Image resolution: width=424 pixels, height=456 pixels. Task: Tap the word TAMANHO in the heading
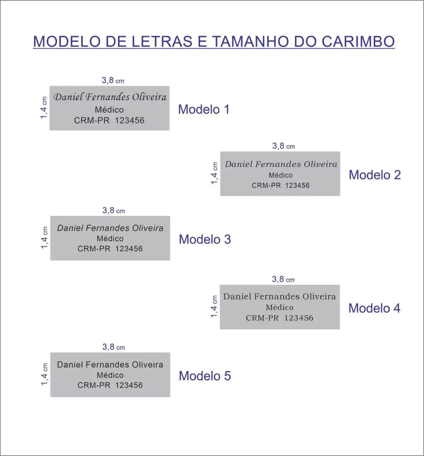(251, 41)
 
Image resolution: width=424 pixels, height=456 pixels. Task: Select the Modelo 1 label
(204, 109)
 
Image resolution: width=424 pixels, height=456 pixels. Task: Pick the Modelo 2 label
(375, 175)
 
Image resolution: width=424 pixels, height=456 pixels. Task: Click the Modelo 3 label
(205, 239)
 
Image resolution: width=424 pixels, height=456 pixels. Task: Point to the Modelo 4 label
(374, 308)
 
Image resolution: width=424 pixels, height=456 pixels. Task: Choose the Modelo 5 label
(205, 376)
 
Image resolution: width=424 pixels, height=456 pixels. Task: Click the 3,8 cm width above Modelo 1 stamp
(113, 80)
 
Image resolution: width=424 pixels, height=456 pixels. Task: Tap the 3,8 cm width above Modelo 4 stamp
(283, 279)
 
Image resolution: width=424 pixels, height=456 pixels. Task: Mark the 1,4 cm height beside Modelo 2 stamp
(214, 173)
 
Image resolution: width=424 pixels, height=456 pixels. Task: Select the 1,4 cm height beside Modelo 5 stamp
(44, 374)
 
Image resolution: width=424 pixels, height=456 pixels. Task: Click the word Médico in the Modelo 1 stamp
(109, 109)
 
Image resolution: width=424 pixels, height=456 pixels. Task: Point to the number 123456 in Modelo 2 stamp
(297, 185)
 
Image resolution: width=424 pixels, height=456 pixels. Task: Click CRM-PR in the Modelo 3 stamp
(94, 249)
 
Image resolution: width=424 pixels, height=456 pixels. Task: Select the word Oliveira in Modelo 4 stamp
(319, 296)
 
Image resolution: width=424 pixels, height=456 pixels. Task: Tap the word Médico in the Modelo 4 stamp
(279, 308)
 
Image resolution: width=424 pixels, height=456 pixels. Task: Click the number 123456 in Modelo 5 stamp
(129, 385)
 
